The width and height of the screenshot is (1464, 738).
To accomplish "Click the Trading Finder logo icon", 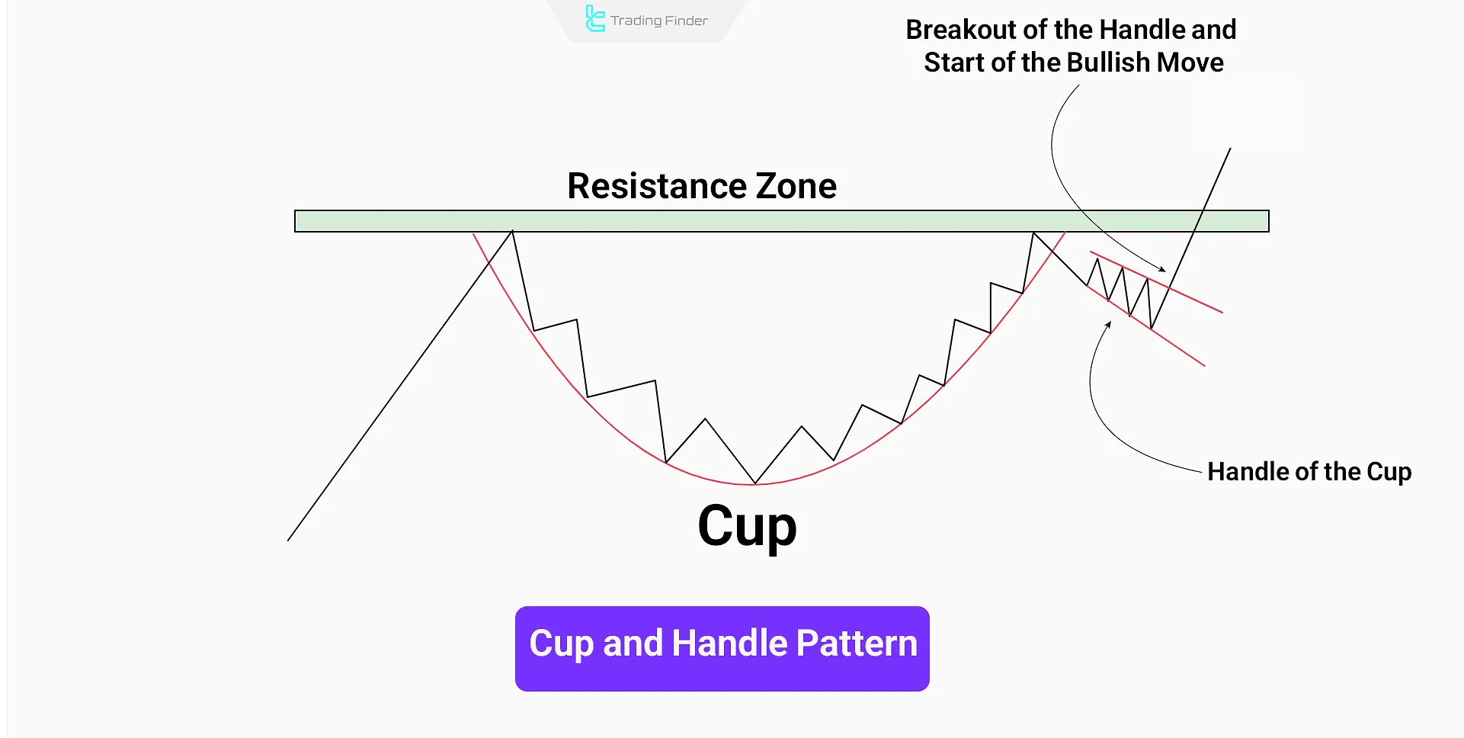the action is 594,19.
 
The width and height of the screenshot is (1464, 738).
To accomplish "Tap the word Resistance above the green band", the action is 657,186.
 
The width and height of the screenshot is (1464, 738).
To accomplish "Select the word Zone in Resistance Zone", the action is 796,186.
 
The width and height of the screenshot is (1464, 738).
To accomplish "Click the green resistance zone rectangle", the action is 781,221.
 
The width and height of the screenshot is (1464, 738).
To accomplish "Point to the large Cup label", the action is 747,527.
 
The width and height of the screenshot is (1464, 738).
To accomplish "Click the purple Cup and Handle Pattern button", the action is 722,649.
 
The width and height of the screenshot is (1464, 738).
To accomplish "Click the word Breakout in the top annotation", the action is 961,30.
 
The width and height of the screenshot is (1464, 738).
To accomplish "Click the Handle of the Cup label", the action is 1309,472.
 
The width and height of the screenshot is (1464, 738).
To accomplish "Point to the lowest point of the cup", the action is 755,483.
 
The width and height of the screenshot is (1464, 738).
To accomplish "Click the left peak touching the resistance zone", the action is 513,232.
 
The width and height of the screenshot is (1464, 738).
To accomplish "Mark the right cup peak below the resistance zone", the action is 1033,234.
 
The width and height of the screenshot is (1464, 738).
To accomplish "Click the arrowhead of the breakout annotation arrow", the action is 1163,270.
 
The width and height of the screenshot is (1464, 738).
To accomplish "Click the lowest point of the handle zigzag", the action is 1152,329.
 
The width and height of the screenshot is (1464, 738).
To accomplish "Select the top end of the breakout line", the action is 1231,149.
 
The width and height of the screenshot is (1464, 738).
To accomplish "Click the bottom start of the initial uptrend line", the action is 288,541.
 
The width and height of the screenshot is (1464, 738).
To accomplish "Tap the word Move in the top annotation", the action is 1190,63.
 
